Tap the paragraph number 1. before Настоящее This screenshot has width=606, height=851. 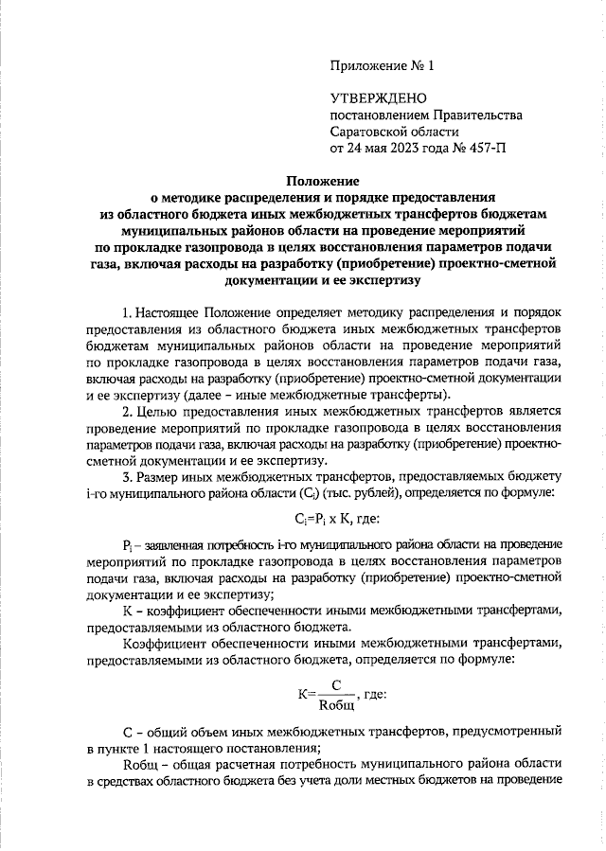[129, 310]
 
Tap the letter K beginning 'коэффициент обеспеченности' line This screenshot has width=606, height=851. [128, 610]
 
